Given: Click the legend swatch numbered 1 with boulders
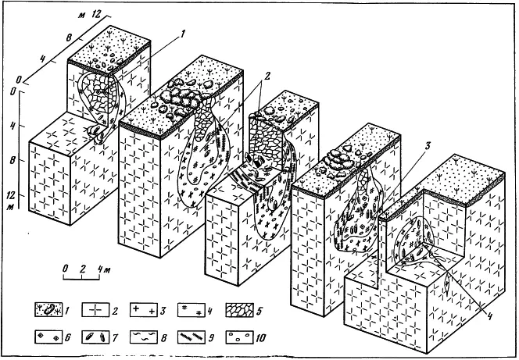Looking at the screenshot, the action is click(x=48, y=310).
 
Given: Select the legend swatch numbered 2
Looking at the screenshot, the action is click(x=95, y=310).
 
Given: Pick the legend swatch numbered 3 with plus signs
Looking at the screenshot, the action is click(x=143, y=310).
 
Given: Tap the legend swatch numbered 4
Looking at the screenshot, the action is click(x=191, y=310).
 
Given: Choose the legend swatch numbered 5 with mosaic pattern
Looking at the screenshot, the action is click(x=239, y=310).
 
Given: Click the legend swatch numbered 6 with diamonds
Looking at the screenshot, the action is click(x=48, y=337).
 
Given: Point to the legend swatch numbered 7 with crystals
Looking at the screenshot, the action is click(x=95, y=337).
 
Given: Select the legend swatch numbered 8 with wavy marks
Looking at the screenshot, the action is click(x=143, y=337).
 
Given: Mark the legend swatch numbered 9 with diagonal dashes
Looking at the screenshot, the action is click(x=191, y=337).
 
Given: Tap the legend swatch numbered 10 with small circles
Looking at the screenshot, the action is click(x=239, y=337).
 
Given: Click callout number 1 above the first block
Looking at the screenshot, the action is click(x=182, y=34).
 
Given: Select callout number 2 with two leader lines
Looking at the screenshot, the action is click(x=267, y=76).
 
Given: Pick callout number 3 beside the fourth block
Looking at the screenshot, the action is click(x=428, y=145).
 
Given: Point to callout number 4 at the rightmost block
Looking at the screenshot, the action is click(x=489, y=316).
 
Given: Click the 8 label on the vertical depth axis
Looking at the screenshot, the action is click(x=13, y=160).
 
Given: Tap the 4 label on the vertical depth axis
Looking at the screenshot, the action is click(x=13, y=126).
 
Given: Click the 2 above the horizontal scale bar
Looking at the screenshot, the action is click(x=82, y=269).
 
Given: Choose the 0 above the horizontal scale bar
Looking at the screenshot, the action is click(x=65, y=269).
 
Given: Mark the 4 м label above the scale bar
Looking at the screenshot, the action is click(x=104, y=269).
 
